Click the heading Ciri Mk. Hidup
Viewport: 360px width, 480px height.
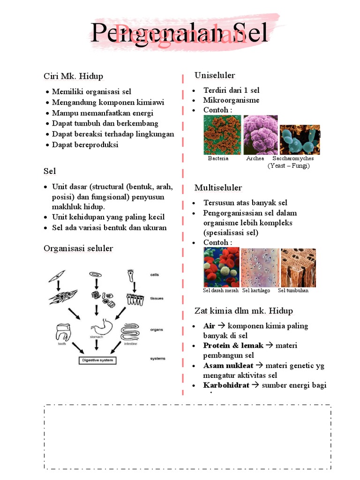point(73,76)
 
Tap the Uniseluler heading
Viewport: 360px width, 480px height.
point(215,75)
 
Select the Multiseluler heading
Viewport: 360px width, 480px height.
point(218,188)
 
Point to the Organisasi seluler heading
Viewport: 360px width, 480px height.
point(78,248)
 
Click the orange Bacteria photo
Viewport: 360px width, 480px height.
point(222,135)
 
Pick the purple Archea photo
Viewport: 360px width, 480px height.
point(260,135)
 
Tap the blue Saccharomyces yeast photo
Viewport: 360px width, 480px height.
point(300,140)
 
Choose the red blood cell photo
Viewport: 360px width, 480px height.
point(221,267)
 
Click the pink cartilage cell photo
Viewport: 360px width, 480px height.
point(260,267)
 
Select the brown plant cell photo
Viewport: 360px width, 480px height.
point(298,267)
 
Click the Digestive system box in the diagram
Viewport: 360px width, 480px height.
point(97,360)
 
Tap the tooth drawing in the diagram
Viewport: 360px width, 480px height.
point(63,331)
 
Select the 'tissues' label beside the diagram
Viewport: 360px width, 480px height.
point(157,298)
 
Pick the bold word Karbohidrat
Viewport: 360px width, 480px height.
point(226,385)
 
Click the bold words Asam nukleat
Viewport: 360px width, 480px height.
point(228,365)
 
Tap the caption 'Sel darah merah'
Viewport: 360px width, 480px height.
point(221,291)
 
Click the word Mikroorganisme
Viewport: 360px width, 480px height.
point(231,100)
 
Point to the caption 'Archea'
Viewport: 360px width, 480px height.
point(255,158)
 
